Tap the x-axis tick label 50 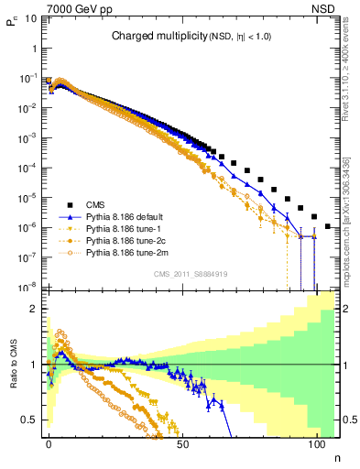point(183,442)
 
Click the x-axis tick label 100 point(317,442)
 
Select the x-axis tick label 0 point(49,442)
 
